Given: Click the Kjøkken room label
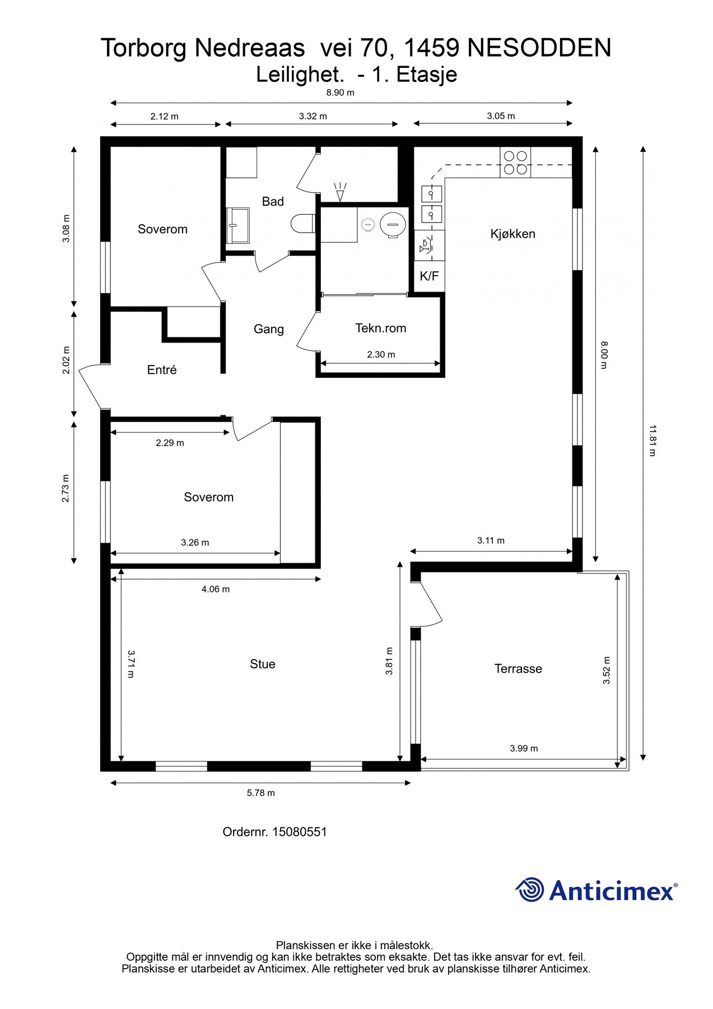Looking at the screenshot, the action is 512,234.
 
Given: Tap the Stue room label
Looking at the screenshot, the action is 262,664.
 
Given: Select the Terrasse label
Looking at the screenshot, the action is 518,669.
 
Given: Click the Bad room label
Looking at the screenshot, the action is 273,201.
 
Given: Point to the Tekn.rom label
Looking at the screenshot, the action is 380,328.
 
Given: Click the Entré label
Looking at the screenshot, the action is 162,369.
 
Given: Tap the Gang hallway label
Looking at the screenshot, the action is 269,329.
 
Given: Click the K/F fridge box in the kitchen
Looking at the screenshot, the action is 429,276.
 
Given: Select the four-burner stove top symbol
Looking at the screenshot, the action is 515,163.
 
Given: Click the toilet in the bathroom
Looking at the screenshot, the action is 302,224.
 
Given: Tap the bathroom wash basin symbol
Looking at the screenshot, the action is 238,225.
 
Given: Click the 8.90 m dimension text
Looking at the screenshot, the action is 341,92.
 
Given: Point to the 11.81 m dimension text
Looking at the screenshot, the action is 652,441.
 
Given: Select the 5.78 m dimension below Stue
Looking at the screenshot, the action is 261,793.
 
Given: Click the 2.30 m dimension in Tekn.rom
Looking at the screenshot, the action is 381,354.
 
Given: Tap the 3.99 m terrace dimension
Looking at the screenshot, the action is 524,748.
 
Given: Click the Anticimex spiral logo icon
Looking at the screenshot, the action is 530,890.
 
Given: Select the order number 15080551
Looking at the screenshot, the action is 300,832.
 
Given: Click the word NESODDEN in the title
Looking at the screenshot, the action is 539,48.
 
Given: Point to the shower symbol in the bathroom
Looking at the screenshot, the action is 340,191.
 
